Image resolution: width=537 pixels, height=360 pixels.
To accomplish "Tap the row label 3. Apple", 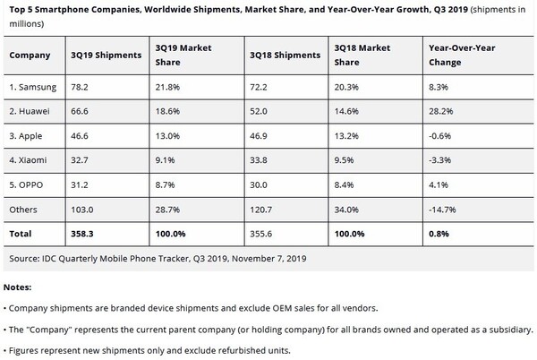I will click(27, 138).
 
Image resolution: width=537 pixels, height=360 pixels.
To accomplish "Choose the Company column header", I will click(29, 55).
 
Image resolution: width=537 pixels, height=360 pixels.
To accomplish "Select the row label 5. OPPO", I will click(27, 185).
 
